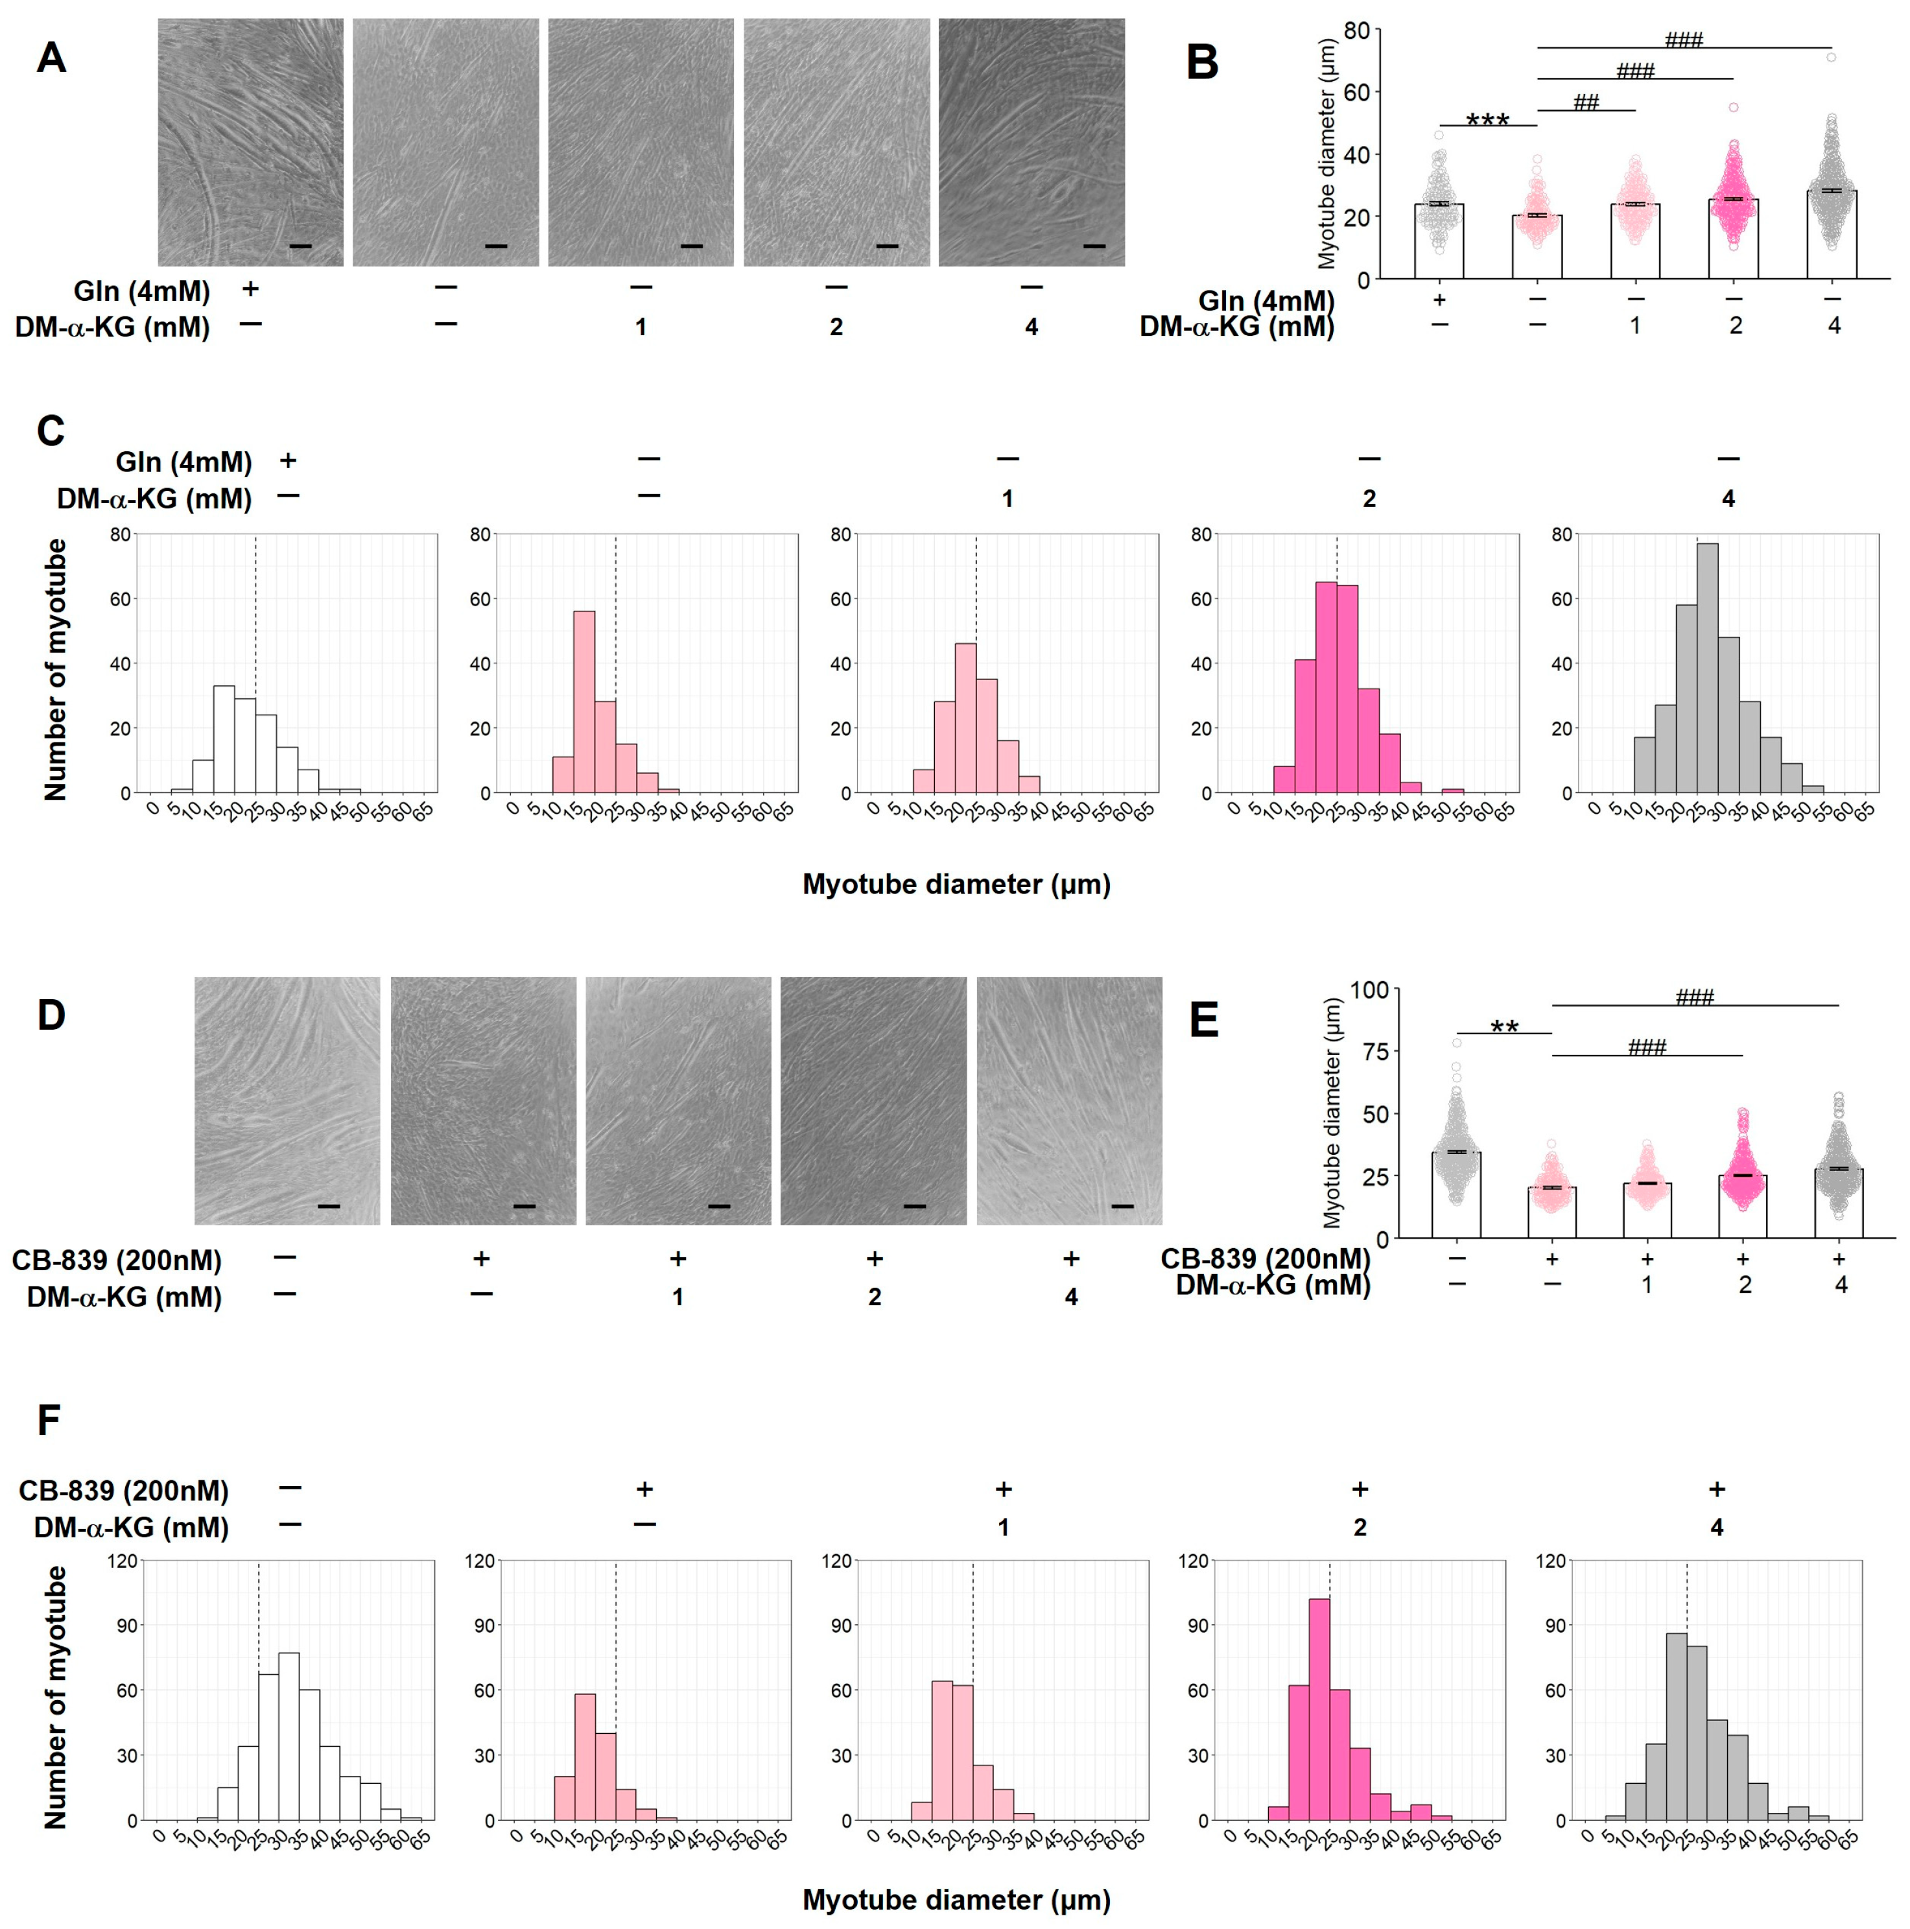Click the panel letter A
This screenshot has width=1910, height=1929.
click(51, 58)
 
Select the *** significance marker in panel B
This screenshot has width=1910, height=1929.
click(1487, 121)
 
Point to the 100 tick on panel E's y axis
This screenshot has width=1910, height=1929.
click(1369, 989)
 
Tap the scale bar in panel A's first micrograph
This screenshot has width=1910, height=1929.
click(301, 246)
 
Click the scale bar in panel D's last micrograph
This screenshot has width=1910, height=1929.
click(1122, 1206)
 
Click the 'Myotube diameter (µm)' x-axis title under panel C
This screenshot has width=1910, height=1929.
click(956, 884)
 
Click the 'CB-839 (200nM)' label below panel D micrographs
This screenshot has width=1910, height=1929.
click(117, 1260)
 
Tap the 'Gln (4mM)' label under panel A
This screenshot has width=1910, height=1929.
click(142, 292)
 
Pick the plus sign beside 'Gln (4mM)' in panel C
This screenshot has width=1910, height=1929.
click(288, 460)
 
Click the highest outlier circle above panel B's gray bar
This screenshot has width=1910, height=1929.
click(1831, 57)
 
